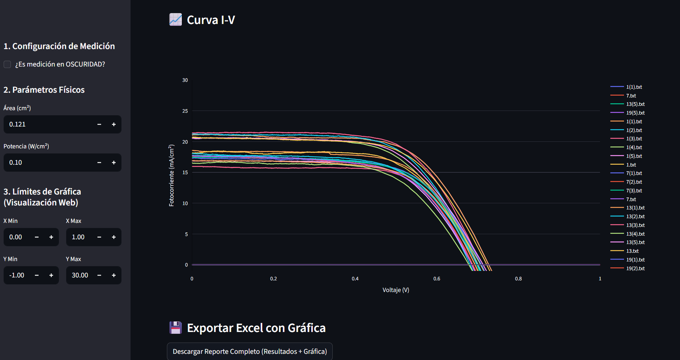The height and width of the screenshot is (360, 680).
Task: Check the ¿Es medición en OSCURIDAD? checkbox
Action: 7,64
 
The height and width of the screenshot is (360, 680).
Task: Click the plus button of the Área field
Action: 114,124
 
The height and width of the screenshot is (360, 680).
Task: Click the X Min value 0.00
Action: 16,237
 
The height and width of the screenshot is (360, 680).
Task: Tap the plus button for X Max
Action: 114,237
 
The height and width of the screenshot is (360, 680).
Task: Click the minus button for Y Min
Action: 37,275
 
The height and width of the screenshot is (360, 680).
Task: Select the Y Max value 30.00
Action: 80,275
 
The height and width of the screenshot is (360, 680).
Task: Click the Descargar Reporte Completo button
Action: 250,351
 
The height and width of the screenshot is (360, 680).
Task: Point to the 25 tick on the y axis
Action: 185,111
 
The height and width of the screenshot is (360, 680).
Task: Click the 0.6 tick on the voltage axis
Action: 437,279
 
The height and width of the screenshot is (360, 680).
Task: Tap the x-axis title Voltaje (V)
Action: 396,290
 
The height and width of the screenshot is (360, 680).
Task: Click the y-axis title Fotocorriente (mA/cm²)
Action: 172,175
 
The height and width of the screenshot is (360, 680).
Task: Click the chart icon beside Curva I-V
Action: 176,20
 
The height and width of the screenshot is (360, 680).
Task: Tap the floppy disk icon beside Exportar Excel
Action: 176,328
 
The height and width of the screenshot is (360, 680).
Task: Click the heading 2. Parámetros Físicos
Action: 44,90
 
